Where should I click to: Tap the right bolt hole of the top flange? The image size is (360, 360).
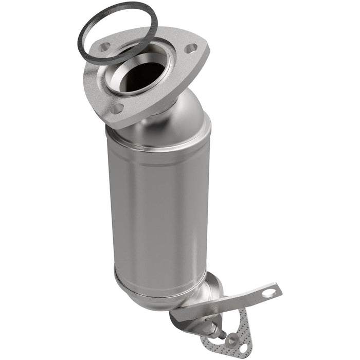coord(190,49)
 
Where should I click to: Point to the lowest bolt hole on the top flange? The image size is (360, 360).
coord(117,109)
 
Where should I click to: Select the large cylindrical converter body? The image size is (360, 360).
coord(157,206)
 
